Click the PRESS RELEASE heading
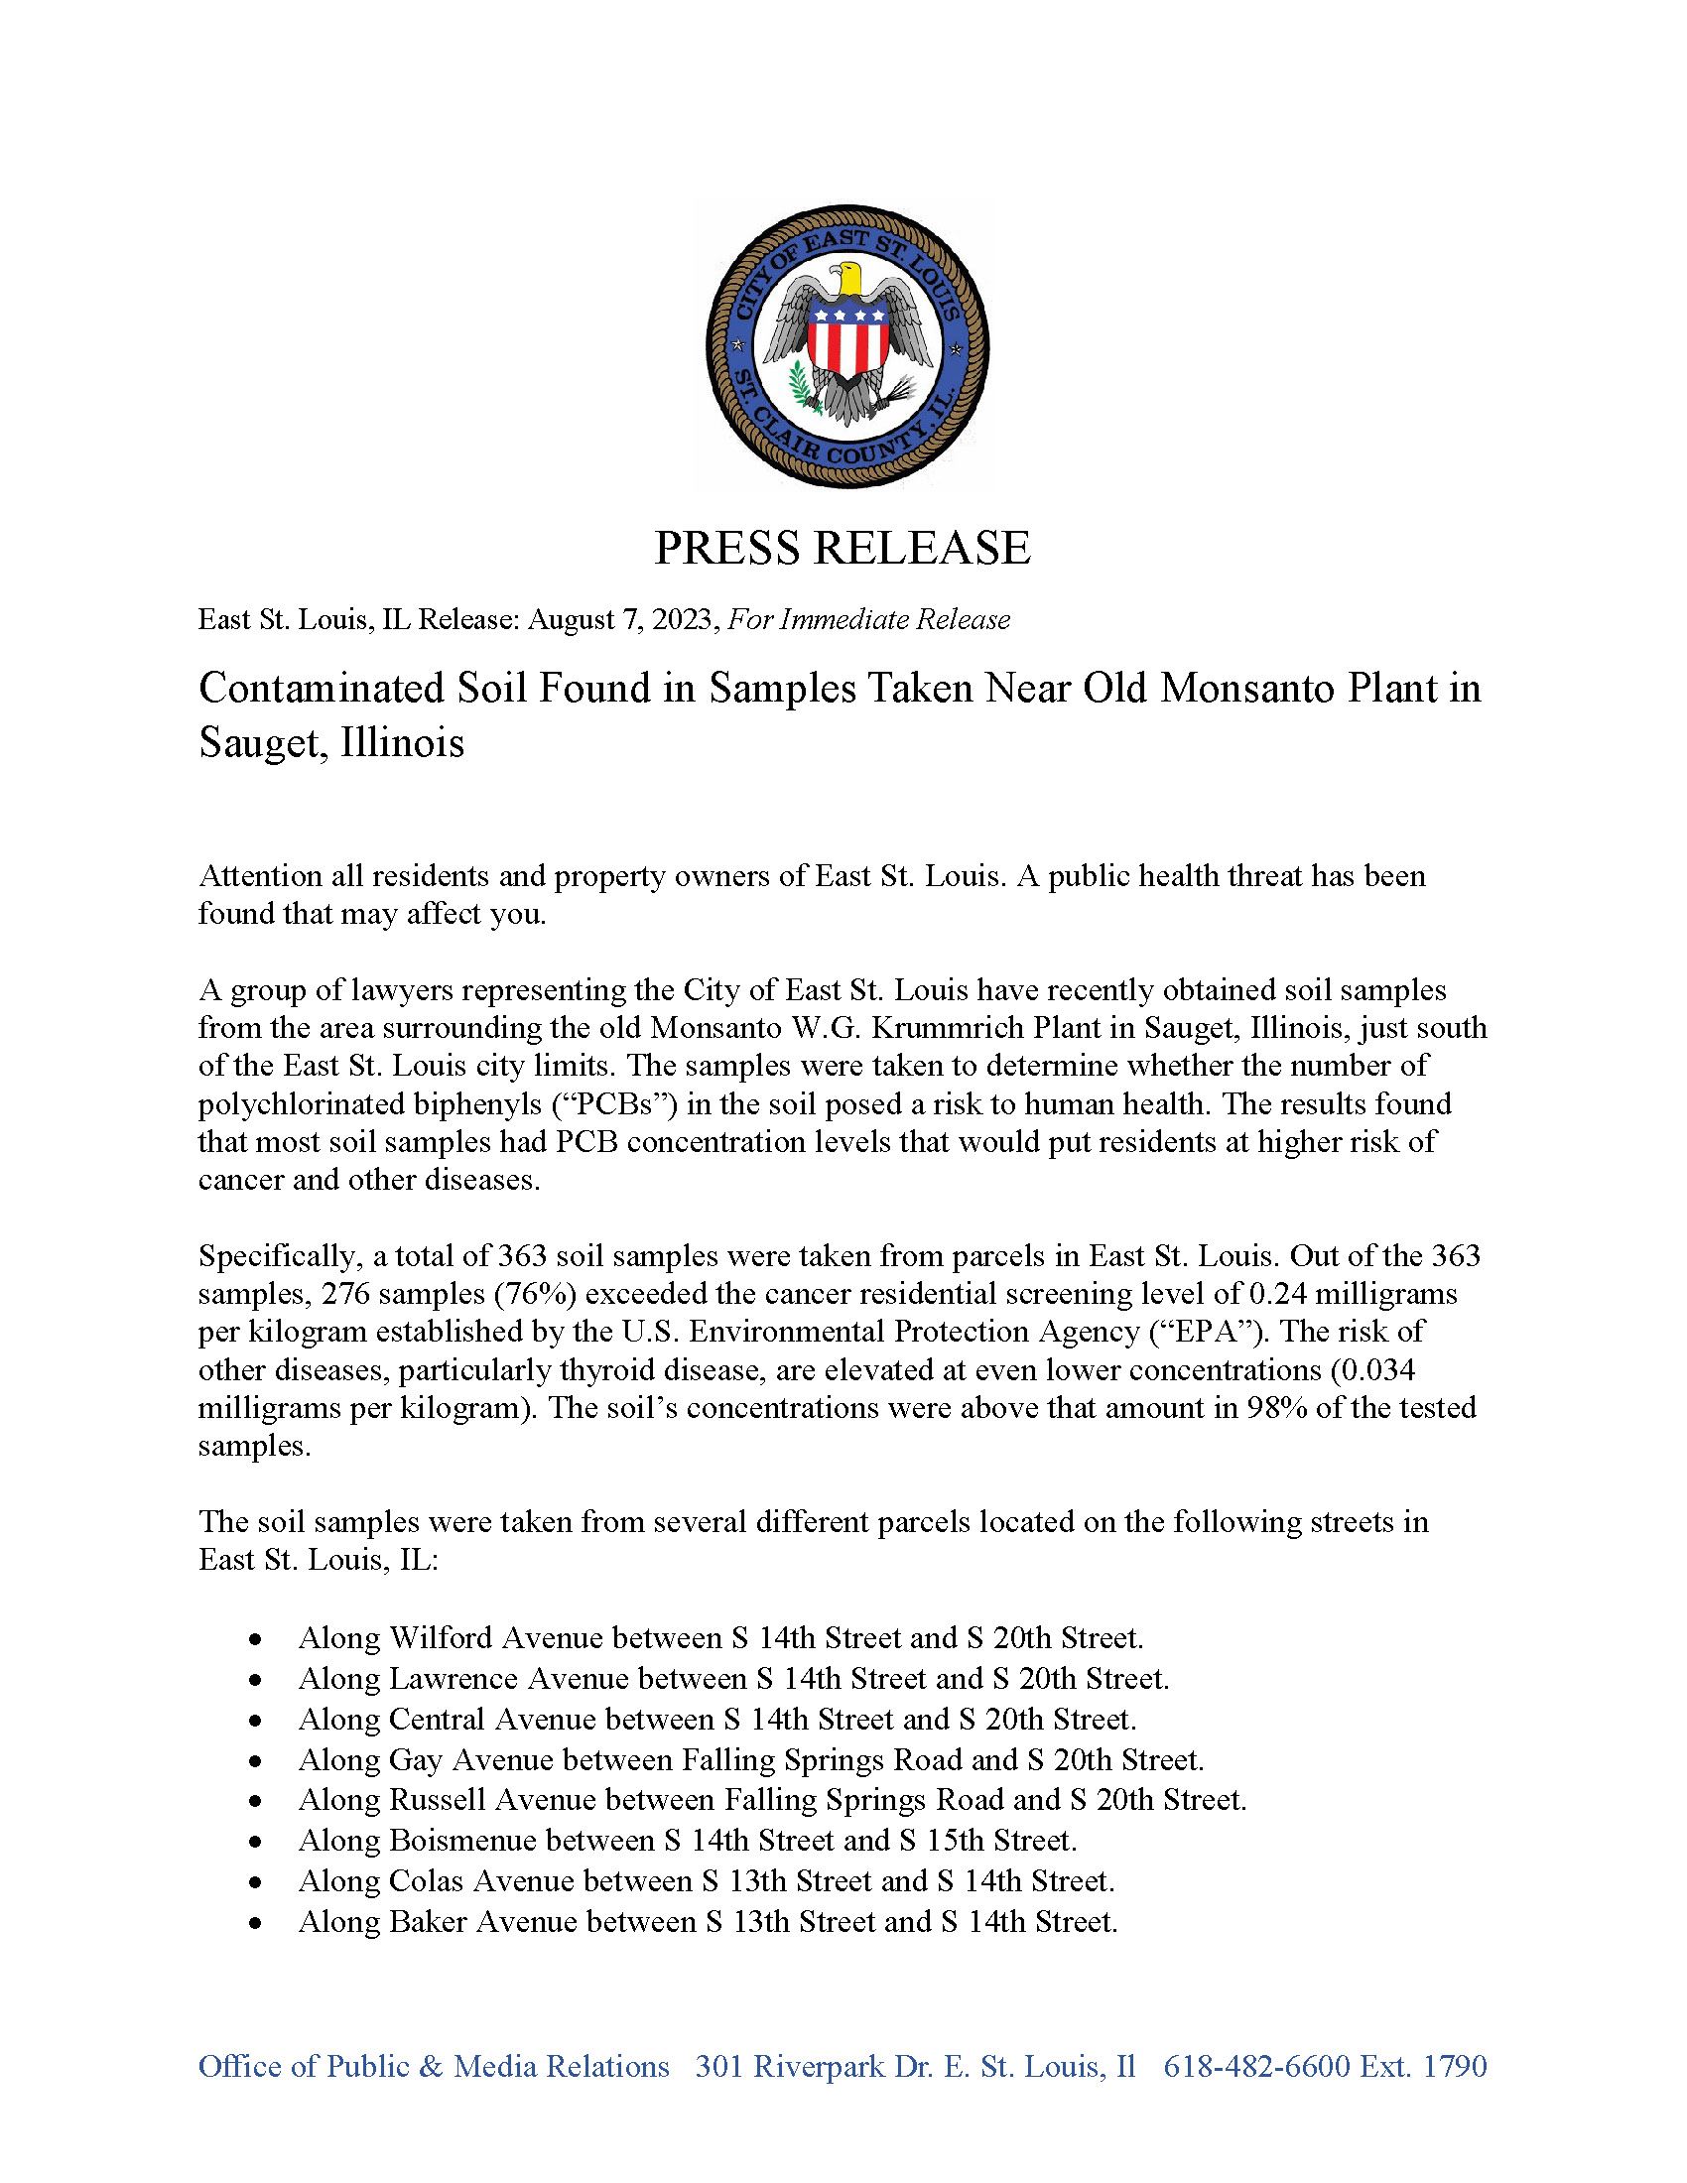coord(842,548)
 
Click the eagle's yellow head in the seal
coord(849,278)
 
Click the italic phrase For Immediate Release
coord(868,620)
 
